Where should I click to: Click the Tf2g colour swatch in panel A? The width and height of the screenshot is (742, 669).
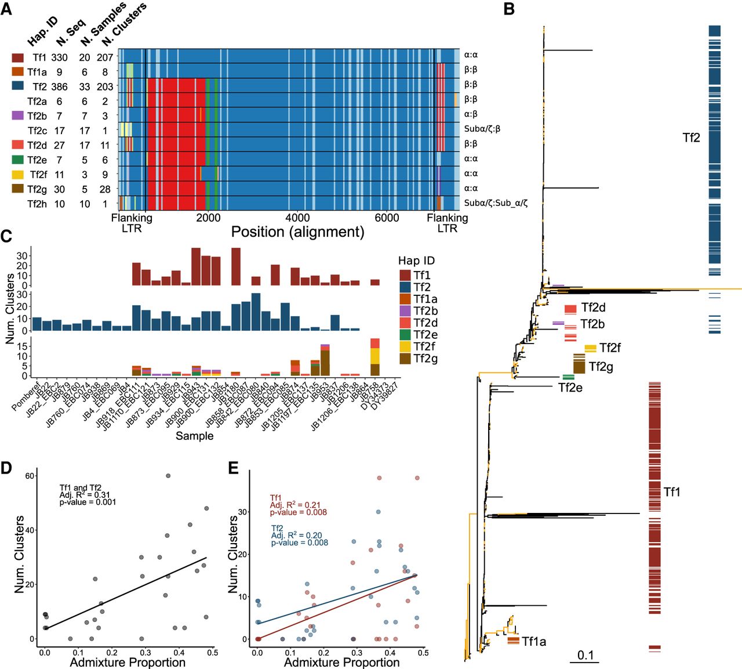[x=18, y=189]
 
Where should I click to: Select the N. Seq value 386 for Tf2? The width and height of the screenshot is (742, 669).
[x=59, y=87]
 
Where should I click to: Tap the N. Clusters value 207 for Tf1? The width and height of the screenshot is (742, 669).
[x=105, y=57]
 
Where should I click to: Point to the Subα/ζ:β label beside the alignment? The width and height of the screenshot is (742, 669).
[x=482, y=129]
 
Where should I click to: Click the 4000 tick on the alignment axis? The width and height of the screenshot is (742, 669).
[x=297, y=218]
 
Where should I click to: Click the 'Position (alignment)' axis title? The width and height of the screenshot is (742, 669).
[x=297, y=232]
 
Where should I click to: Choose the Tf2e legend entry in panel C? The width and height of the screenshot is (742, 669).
[x=425, y=335]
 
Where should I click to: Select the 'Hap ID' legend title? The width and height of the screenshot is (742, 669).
[x=416, y=261]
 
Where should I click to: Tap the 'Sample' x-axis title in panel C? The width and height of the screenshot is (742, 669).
[x=195, y=436]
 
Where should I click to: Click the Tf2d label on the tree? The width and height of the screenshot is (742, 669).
[x=593, y=308]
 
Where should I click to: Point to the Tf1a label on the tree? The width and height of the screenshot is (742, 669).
[x=534, y=641]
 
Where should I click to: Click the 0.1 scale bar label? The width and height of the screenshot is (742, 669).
[x=585, y=655]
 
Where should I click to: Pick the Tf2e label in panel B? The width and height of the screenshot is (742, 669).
[x=570, y=388]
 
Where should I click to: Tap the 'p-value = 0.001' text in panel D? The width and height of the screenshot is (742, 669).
[x=88, y=502]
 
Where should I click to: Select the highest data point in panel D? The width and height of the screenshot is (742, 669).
[x=168, y=476]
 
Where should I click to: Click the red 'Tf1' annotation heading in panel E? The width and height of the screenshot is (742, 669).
[x=276, y=498]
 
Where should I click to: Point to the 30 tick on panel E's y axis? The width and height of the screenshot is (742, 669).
[x=243, y=512]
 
